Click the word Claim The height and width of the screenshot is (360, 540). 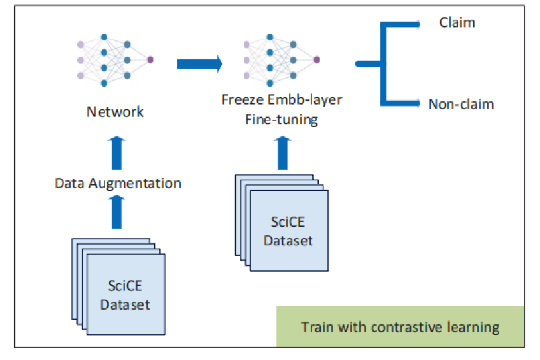(457, 23)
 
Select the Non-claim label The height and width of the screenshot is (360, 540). (461, 104)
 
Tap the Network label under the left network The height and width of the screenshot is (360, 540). (115, 112)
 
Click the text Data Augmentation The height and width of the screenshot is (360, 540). (118, 184)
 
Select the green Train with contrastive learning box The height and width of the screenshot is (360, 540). (400, 328)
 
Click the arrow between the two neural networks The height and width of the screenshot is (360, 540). (199, 63)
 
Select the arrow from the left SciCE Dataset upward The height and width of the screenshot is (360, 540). (117, 212)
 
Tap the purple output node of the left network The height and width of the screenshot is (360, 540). (150, 60)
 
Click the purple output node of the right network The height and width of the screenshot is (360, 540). (316, 60)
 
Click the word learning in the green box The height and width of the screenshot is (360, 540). (472, 328)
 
